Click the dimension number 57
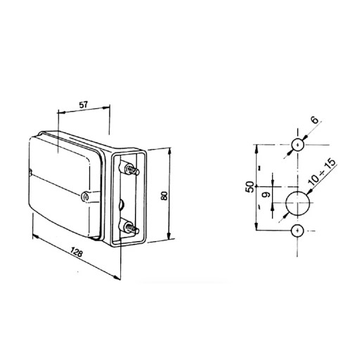click(x=83, y=105)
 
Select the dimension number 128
click(x=77, y=252)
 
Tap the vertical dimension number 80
click(x=165, y=195)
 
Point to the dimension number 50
click(x=250, y=187)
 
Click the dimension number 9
click(x=266, y=194)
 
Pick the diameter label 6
click(x=315, y=120)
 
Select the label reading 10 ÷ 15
click(x=322, y=172)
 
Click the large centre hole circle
click(x=297, y=203)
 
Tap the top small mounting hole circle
click(x=297, y=145)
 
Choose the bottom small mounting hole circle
click(x=297, y=231)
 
